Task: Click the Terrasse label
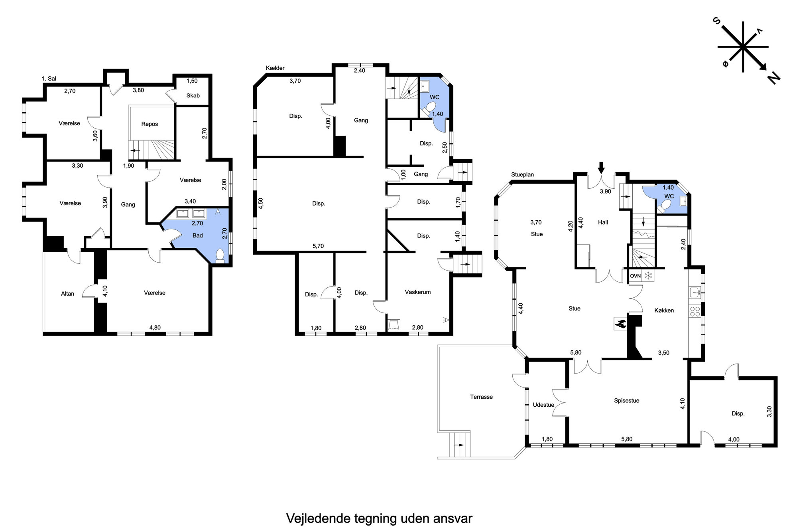481,397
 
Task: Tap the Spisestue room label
626,401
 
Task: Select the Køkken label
664,310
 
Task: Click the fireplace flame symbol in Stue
620,323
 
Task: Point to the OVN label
635,276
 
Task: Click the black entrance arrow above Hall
602,167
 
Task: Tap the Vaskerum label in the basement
417,292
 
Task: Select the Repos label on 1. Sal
150,124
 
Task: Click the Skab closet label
193,96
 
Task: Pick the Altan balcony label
67,294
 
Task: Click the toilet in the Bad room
219,255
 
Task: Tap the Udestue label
543,405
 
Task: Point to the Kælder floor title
275,68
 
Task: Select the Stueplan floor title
522,175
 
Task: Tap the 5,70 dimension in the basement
318,246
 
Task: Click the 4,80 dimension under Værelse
155,328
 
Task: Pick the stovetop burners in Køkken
695,311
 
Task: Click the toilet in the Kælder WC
429,108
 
